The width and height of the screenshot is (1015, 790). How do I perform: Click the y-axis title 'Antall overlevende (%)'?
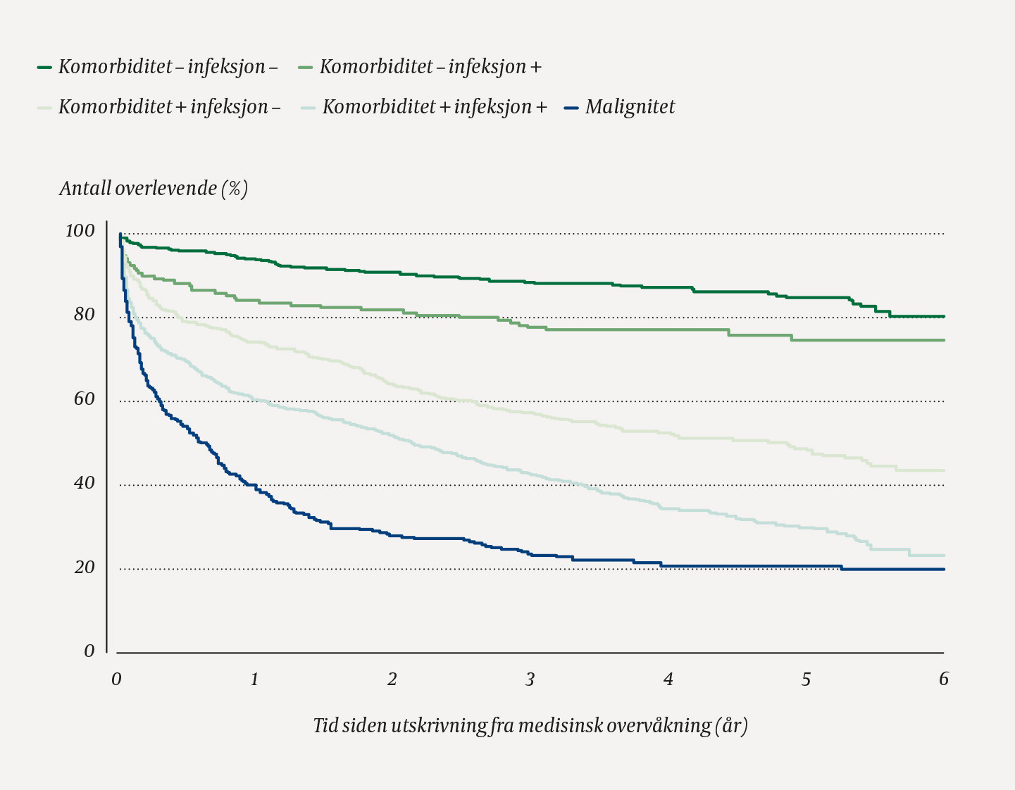pos(154,189)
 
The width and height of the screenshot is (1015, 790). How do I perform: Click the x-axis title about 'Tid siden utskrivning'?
pos(530,726)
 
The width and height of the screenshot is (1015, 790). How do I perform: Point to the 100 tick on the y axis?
pos(80,231)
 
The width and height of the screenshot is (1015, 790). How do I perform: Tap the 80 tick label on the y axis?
pos(84,315)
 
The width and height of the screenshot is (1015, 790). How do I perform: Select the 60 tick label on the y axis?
pos(84,399)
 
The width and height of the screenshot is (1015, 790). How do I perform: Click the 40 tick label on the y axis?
pos(84,483)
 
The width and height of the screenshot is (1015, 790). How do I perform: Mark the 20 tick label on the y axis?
pos(84,568)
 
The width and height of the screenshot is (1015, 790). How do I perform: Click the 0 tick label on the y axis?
pos(89,651)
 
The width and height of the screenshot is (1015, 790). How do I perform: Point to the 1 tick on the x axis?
pos(254,679)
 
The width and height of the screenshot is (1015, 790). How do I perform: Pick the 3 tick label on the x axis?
pos(530,679)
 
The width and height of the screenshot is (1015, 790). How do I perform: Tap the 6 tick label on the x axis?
pos(944,679)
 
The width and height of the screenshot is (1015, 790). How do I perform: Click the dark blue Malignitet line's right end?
pos(943,569)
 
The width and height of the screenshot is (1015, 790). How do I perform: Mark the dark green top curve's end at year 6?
pos(943,316)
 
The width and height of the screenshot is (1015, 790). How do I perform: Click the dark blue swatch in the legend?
pos(572,108)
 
